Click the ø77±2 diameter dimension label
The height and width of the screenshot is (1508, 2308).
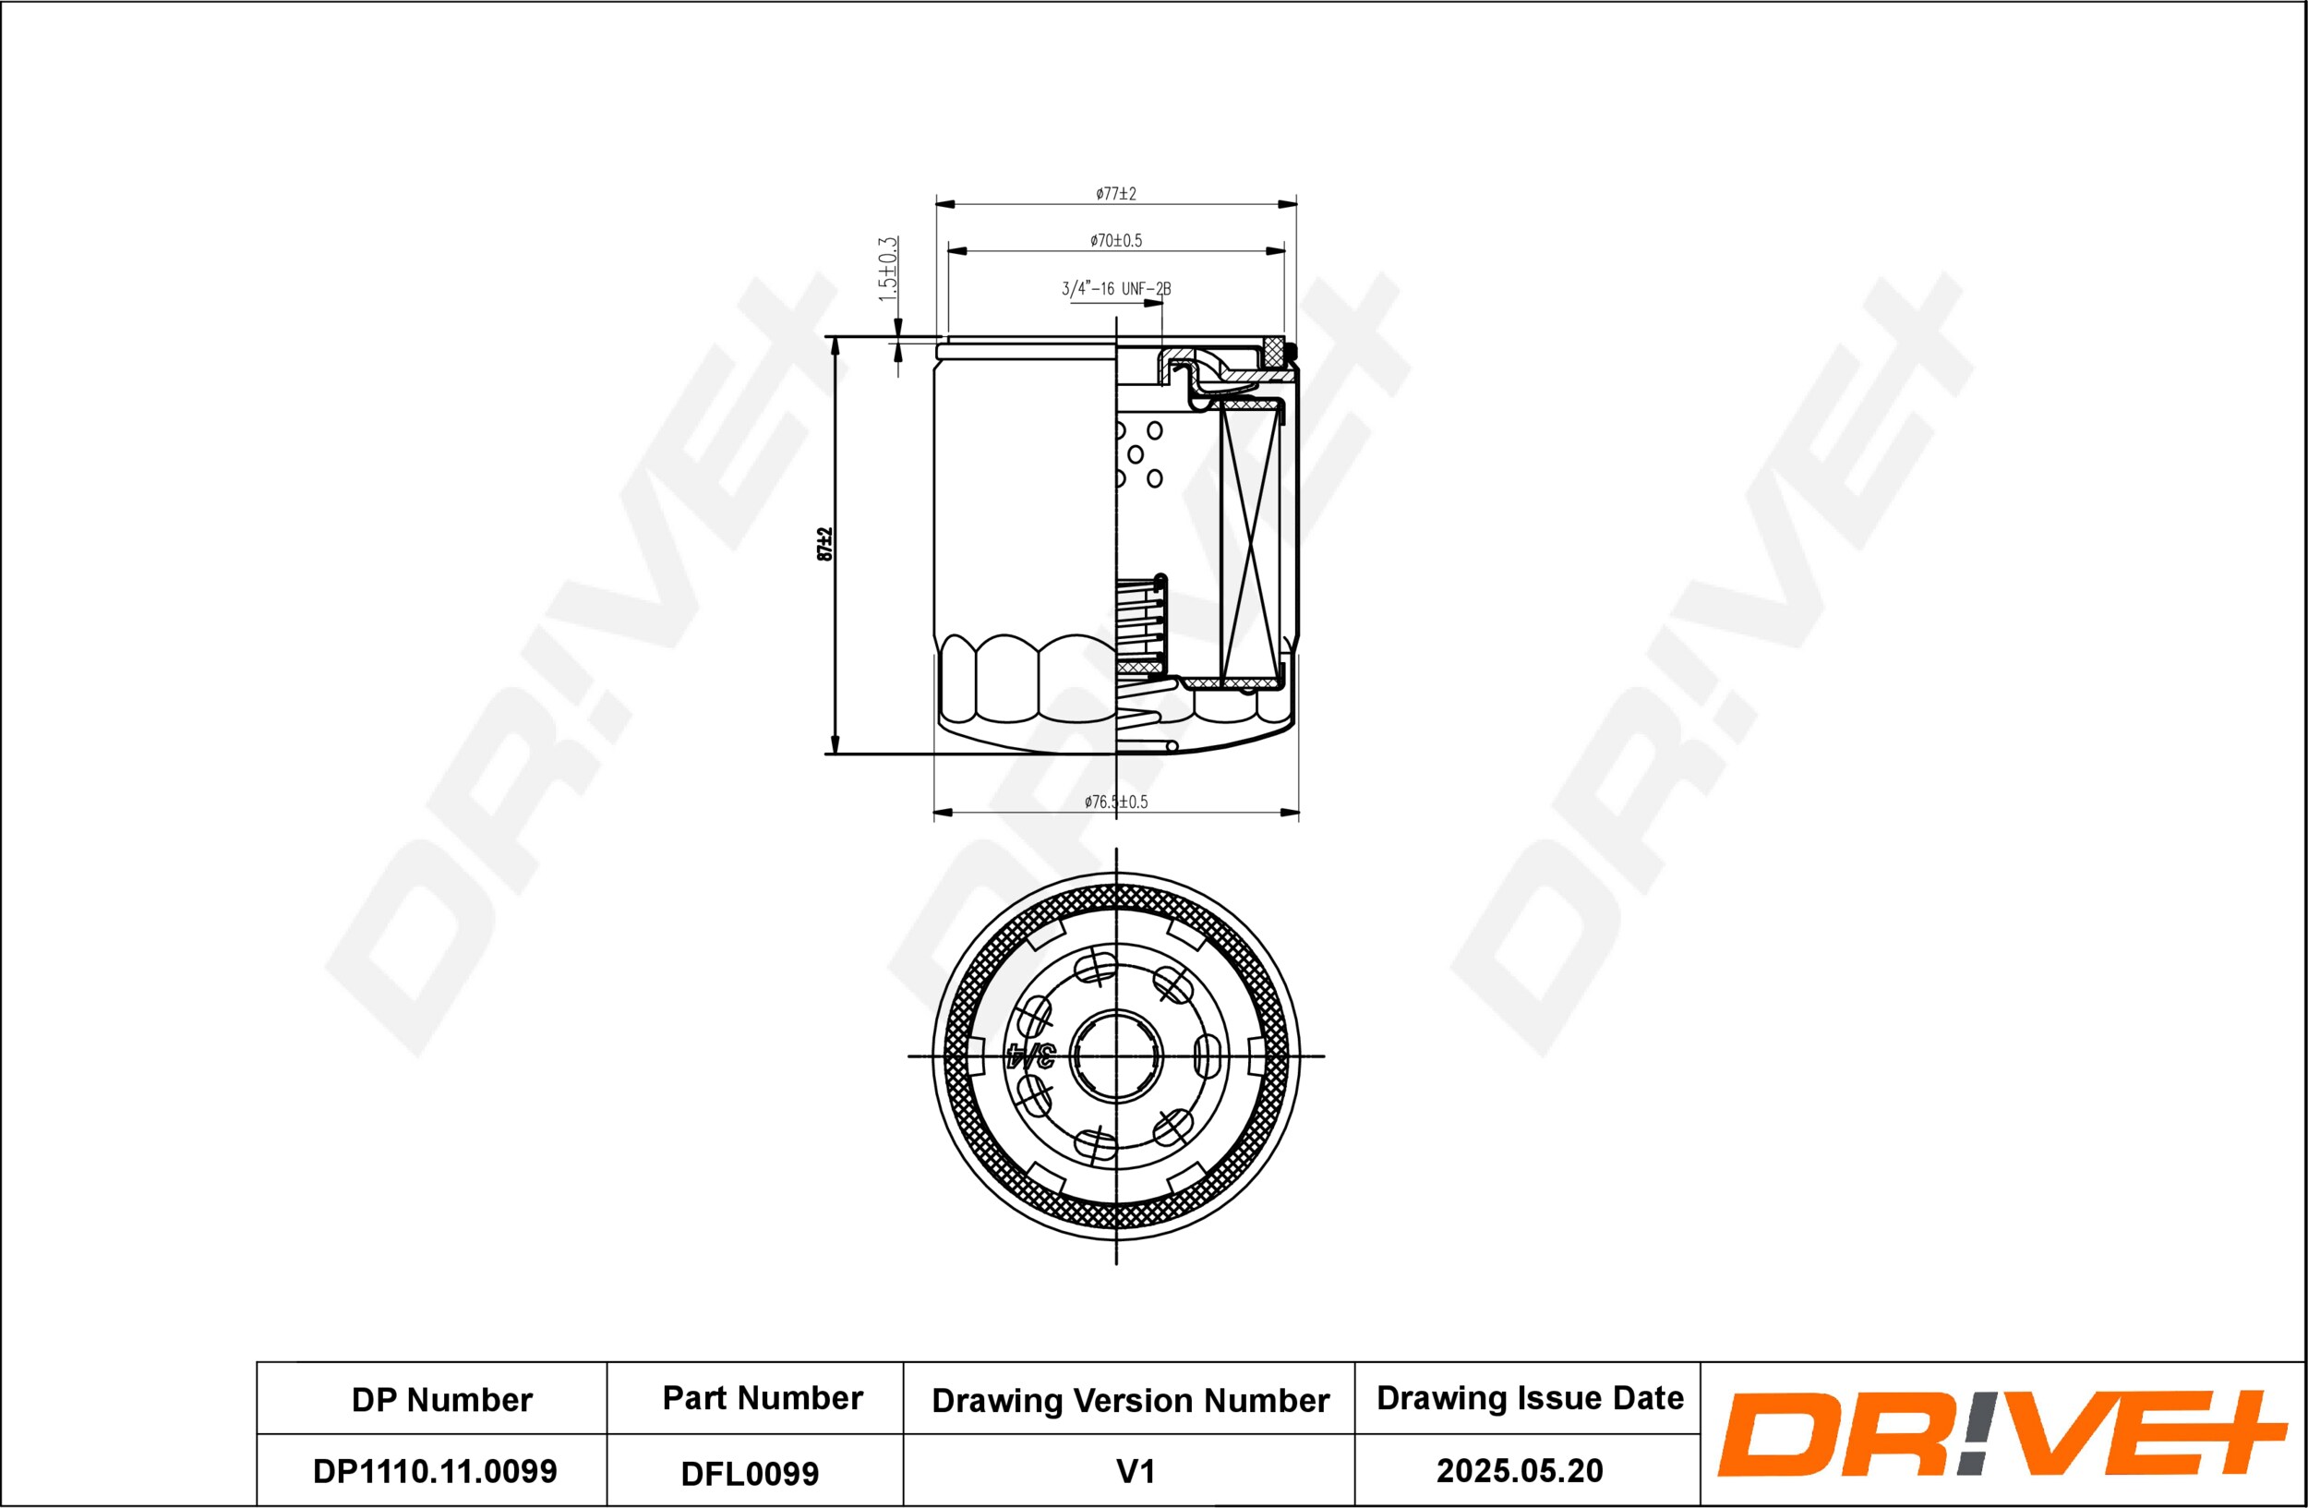pos(1115,194)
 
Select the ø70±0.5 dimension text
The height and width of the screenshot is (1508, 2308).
pos(1115,240)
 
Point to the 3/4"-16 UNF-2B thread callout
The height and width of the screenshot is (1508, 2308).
pos(1115,289)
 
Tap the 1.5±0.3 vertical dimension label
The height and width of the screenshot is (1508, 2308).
pos(887,269)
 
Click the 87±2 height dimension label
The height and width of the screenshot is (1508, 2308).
pos(824,544)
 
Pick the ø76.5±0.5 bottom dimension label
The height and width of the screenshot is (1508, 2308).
pos(1115,802)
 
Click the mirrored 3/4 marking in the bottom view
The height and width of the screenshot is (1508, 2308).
pos(1031,1056)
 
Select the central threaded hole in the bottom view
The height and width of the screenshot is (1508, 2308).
pos(1116,1056)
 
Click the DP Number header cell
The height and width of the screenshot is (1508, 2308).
pos(441,1399)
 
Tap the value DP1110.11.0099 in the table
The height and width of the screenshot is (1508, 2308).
pos(435,1471)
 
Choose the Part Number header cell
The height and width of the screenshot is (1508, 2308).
pos(763,1397)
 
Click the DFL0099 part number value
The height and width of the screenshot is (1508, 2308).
pos(750,1474)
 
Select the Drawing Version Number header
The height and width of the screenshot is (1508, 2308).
pos(1130,1400)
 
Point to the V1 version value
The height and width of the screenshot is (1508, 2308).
pos(1135,1471)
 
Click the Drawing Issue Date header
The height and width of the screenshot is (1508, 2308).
pos(1530,1397)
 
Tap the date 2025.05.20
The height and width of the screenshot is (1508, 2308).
pos(1520,1470)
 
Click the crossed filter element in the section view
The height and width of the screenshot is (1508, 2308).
pos(1250,543)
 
